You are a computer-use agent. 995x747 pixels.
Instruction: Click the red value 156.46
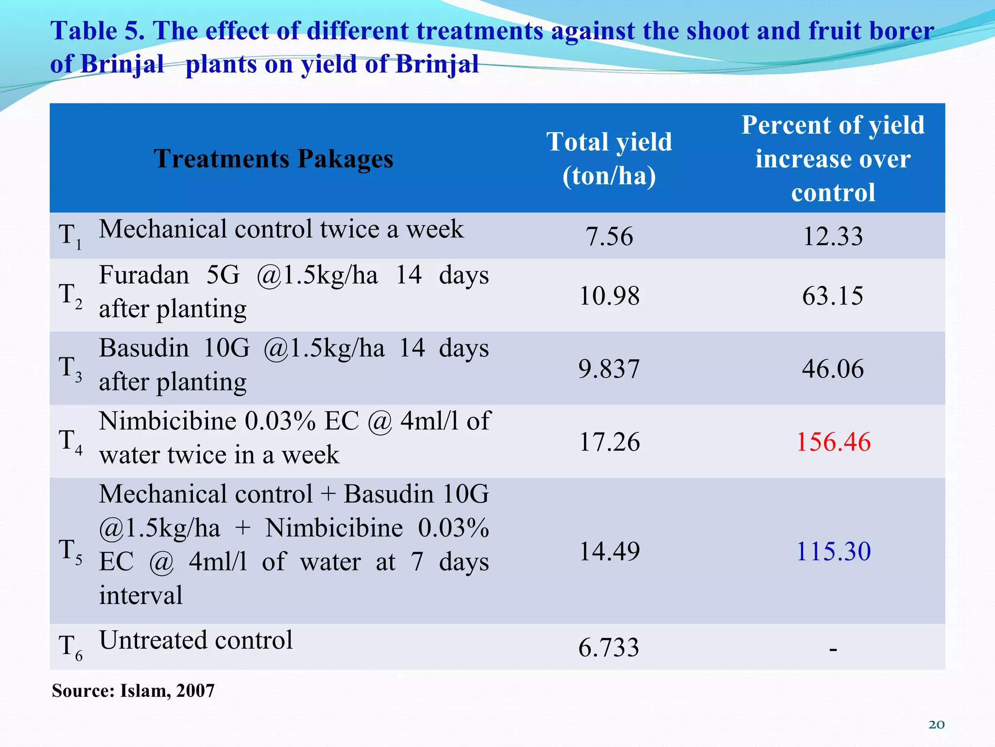(833, 442)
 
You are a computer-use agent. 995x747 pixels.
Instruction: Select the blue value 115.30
(833, 551)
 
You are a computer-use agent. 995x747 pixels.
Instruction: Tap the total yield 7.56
(609, 237)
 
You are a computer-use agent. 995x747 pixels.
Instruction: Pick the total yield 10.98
(609, 296)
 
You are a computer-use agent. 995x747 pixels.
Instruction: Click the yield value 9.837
(609, 369)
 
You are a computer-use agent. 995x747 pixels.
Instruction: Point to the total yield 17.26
(609, 442)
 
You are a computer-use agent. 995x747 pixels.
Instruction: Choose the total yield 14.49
(609, 551)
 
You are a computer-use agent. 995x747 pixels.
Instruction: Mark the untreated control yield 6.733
(609, 648)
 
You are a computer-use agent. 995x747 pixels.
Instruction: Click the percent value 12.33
(833, 237)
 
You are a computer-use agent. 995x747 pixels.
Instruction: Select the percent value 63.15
(833, 296)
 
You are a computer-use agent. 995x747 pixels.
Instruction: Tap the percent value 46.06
(833, 369)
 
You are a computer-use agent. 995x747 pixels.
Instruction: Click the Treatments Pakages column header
(274, 159)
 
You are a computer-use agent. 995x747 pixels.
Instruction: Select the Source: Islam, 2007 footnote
(133, 691)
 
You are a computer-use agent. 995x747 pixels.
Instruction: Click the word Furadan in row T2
(144, 275)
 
